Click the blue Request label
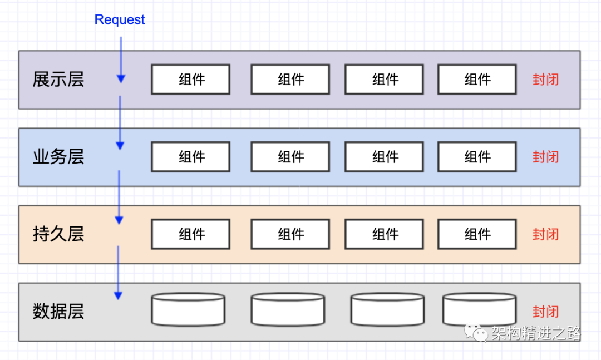(120, 20)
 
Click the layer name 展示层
(58, 80)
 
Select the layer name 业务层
(58, 157)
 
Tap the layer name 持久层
(58, 234)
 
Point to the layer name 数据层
(58, 311)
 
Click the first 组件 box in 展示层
(191, 80)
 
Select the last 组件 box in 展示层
(477, 80)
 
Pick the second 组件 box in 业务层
(290, 157)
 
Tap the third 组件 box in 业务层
(385, 157)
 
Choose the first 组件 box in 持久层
(191, 234)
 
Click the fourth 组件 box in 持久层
(477, 234)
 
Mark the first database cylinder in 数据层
(188, 310)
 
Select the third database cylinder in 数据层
(387, 310)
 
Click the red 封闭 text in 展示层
(545, 80)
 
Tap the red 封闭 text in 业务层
(545, 157)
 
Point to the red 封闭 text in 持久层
(545, 234)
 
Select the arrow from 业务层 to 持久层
(119, 198)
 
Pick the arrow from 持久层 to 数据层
(118, 273)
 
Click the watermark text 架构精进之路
(536, 333)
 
